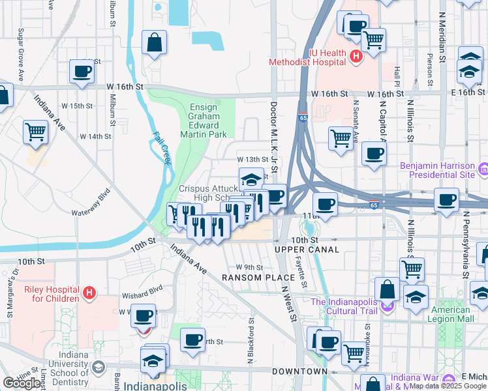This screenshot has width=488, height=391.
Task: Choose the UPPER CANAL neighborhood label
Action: click(307, 250)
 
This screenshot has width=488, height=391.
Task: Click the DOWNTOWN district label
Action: click(299, 371)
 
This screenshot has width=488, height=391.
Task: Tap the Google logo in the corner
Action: click(22, 383)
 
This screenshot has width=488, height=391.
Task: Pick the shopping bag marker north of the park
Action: click(153, 43)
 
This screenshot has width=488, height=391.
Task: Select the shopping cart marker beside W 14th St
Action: click(36, 132)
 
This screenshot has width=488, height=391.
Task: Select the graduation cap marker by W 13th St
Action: click(251, 179)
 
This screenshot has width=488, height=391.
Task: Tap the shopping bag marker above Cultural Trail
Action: click(388, 289)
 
